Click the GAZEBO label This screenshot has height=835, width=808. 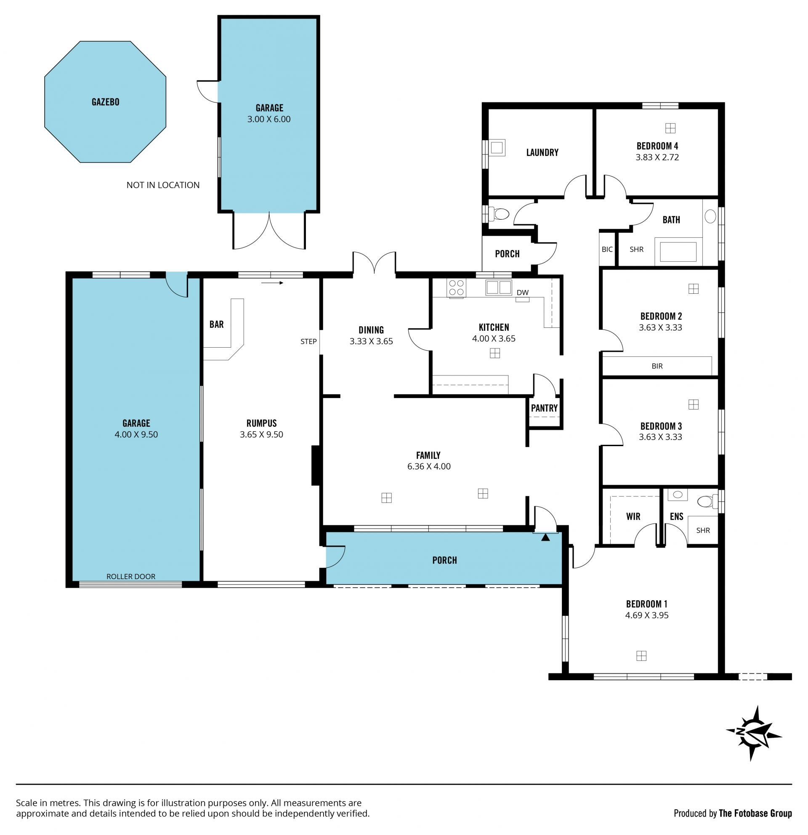click(x=105, y=102)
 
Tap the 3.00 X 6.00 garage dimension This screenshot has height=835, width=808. click(x=269, y=119)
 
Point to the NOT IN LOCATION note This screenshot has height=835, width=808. click(x=163, y=185)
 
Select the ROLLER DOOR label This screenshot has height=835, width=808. click(x=131, y=577)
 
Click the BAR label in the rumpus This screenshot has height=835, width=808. click(x=216, y=324)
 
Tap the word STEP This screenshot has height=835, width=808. click(x=308, y=341)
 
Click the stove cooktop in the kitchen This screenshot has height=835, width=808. click(x=456, y=287)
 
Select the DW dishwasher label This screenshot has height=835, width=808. click(x=523, y=292)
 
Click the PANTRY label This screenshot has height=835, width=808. click(x=544, y=408)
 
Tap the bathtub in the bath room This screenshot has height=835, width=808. click(x=678, y=252)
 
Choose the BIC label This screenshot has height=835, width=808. click(x=607, y=249)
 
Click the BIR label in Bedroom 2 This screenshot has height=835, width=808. click(x=657, y=366)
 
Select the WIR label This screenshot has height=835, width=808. click(x=633, y=517)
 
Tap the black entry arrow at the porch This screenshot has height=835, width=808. click(x=545, y=537)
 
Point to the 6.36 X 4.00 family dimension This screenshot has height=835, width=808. click(x=428, y=466)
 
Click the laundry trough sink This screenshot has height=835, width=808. click(x=496, y=147)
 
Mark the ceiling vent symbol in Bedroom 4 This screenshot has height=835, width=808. click(x=670, y=128)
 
